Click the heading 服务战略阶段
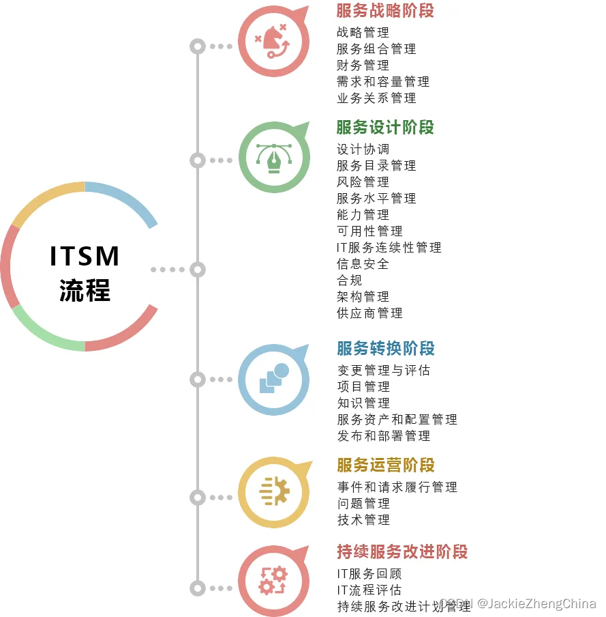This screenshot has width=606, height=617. click(384, 11)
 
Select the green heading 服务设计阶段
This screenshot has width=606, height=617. click(384, 128)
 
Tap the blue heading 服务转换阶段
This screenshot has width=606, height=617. click(385, 349)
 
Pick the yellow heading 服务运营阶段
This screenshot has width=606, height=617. click(385, 465)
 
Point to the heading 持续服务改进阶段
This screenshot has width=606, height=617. click(402, 552)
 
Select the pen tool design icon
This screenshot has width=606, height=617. click(273, 158)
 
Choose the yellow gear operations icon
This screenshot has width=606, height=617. click(273, 492)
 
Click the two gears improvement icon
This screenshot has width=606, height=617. click(273, 581)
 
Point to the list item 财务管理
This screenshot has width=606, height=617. click(363, 66)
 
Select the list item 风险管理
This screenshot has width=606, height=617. click(363, 182)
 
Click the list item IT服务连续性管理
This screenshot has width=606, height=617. click(389, 248)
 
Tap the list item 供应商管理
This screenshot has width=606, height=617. click(369, 313)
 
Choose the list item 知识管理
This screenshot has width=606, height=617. click(363, 403)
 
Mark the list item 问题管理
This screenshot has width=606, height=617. click(363, 504)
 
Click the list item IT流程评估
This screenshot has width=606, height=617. click(369, 590)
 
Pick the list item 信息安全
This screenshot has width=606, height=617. click(363, 264)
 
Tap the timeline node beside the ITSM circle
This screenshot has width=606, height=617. click(197, 270)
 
